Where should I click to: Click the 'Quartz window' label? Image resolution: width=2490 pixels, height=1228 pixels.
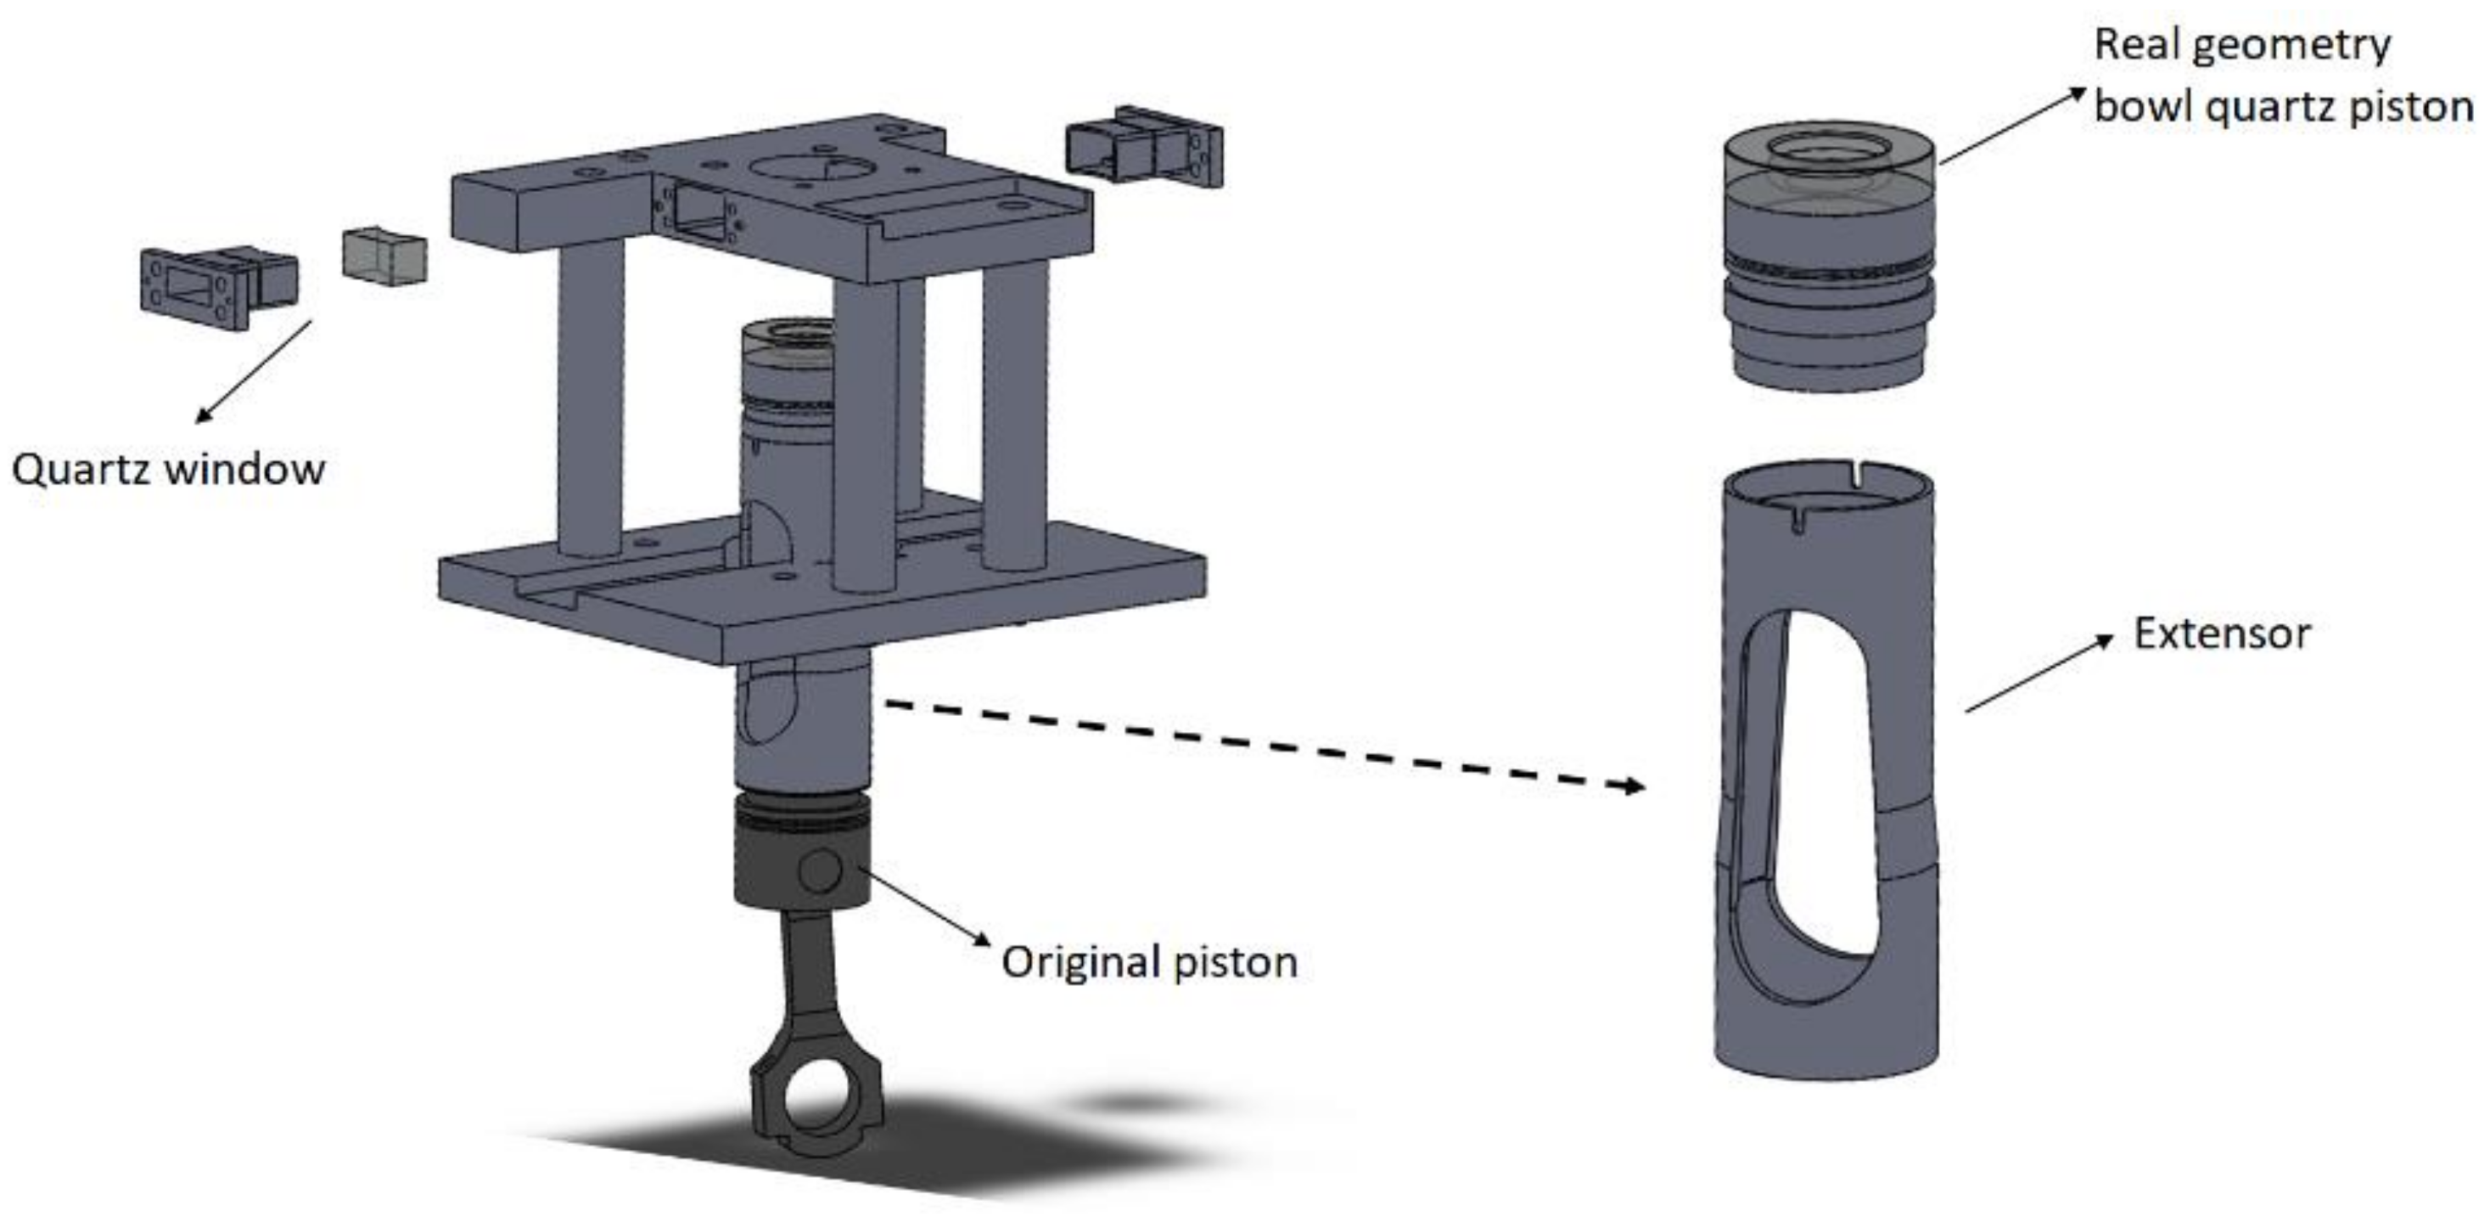coord(168,470)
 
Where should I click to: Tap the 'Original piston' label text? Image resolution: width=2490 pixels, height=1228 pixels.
coord(1149,963)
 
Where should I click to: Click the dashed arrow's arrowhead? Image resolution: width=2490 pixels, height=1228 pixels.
coord(1632,786)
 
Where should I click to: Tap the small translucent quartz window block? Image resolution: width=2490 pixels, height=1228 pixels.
coord(384,256)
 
